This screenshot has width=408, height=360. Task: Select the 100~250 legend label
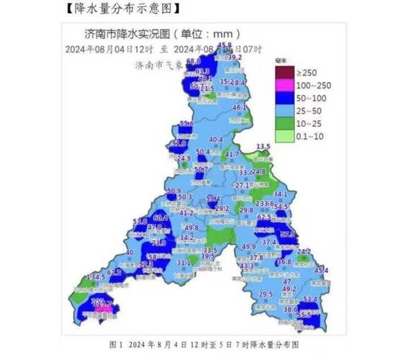pos(310,85)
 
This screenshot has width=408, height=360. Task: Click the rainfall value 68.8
pos(193,62)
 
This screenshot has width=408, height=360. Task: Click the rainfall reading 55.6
pos(186,124)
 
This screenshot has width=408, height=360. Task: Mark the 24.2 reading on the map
pos(304,251)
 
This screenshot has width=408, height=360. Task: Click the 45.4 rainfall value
pos(321,270)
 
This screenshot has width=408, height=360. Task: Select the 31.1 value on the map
pos(183,264)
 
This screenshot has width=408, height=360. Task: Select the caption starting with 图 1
pos(204,345)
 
